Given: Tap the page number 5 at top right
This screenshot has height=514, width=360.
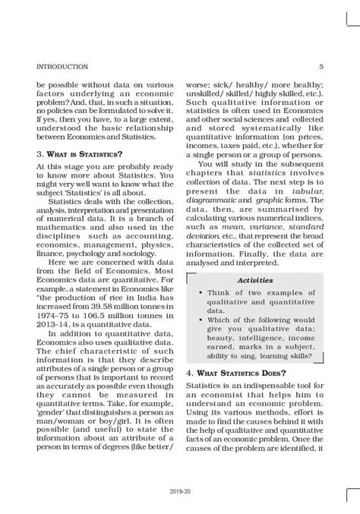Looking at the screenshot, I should pos(322,67).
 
